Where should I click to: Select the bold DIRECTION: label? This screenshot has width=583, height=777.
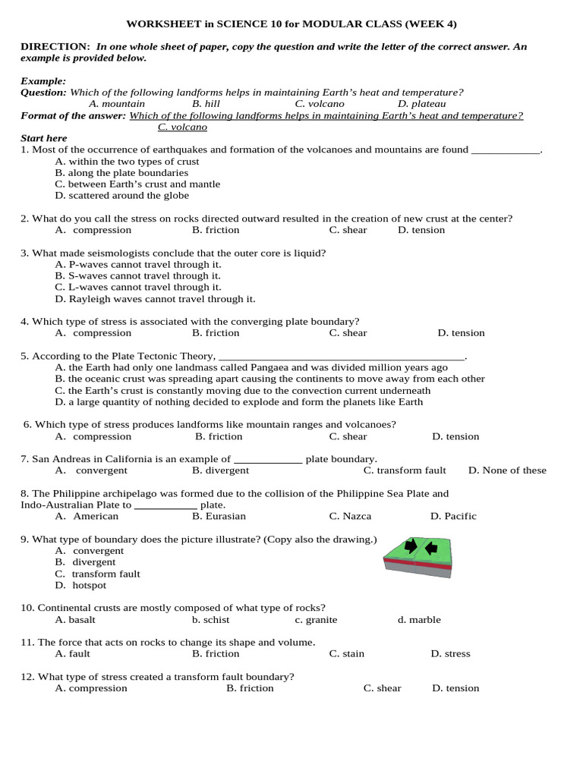[55, 47]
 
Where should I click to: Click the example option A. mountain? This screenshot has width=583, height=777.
[117, 104]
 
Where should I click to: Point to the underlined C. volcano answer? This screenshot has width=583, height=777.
[182, 127]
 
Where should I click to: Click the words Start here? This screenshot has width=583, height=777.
[43, 138]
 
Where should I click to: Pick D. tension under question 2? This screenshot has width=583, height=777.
[421, 230]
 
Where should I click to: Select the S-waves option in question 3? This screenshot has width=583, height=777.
[137, 276]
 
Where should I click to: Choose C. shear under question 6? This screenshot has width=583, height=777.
[348, 436]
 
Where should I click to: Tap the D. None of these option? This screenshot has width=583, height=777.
[507, 470]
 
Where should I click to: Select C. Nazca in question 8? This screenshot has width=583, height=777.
[350, 516]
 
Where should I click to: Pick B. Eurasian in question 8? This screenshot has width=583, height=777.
[219, 516]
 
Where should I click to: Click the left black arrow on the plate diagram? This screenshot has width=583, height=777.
[411, 546]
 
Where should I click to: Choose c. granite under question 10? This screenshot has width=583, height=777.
[316, 620]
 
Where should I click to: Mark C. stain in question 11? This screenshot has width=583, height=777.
[346, 653]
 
